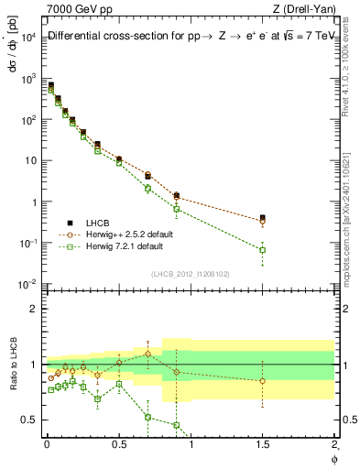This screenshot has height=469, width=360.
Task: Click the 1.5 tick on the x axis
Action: (x=263, y=444)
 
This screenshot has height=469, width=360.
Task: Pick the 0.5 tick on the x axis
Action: (x=118, y=444)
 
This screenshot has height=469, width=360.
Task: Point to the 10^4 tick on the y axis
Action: (x=27, y=37)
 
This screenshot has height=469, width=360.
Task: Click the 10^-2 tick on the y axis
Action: (x=27, y=284)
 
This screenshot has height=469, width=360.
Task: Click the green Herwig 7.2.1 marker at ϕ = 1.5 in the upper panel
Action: (x=263, y=249)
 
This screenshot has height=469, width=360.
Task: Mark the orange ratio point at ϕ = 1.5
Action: (x=263, y=381)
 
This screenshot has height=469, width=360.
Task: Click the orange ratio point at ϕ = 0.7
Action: (x=147, y=354)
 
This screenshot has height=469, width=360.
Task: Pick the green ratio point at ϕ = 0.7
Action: (x=147, y=417)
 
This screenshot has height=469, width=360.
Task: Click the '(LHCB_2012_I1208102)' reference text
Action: (x=190, y=273)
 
